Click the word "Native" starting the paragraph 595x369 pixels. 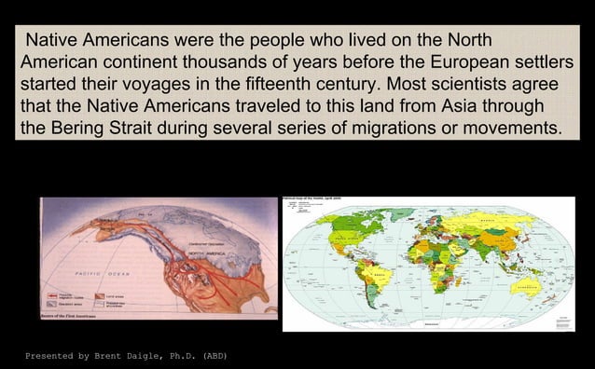point(52,43)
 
